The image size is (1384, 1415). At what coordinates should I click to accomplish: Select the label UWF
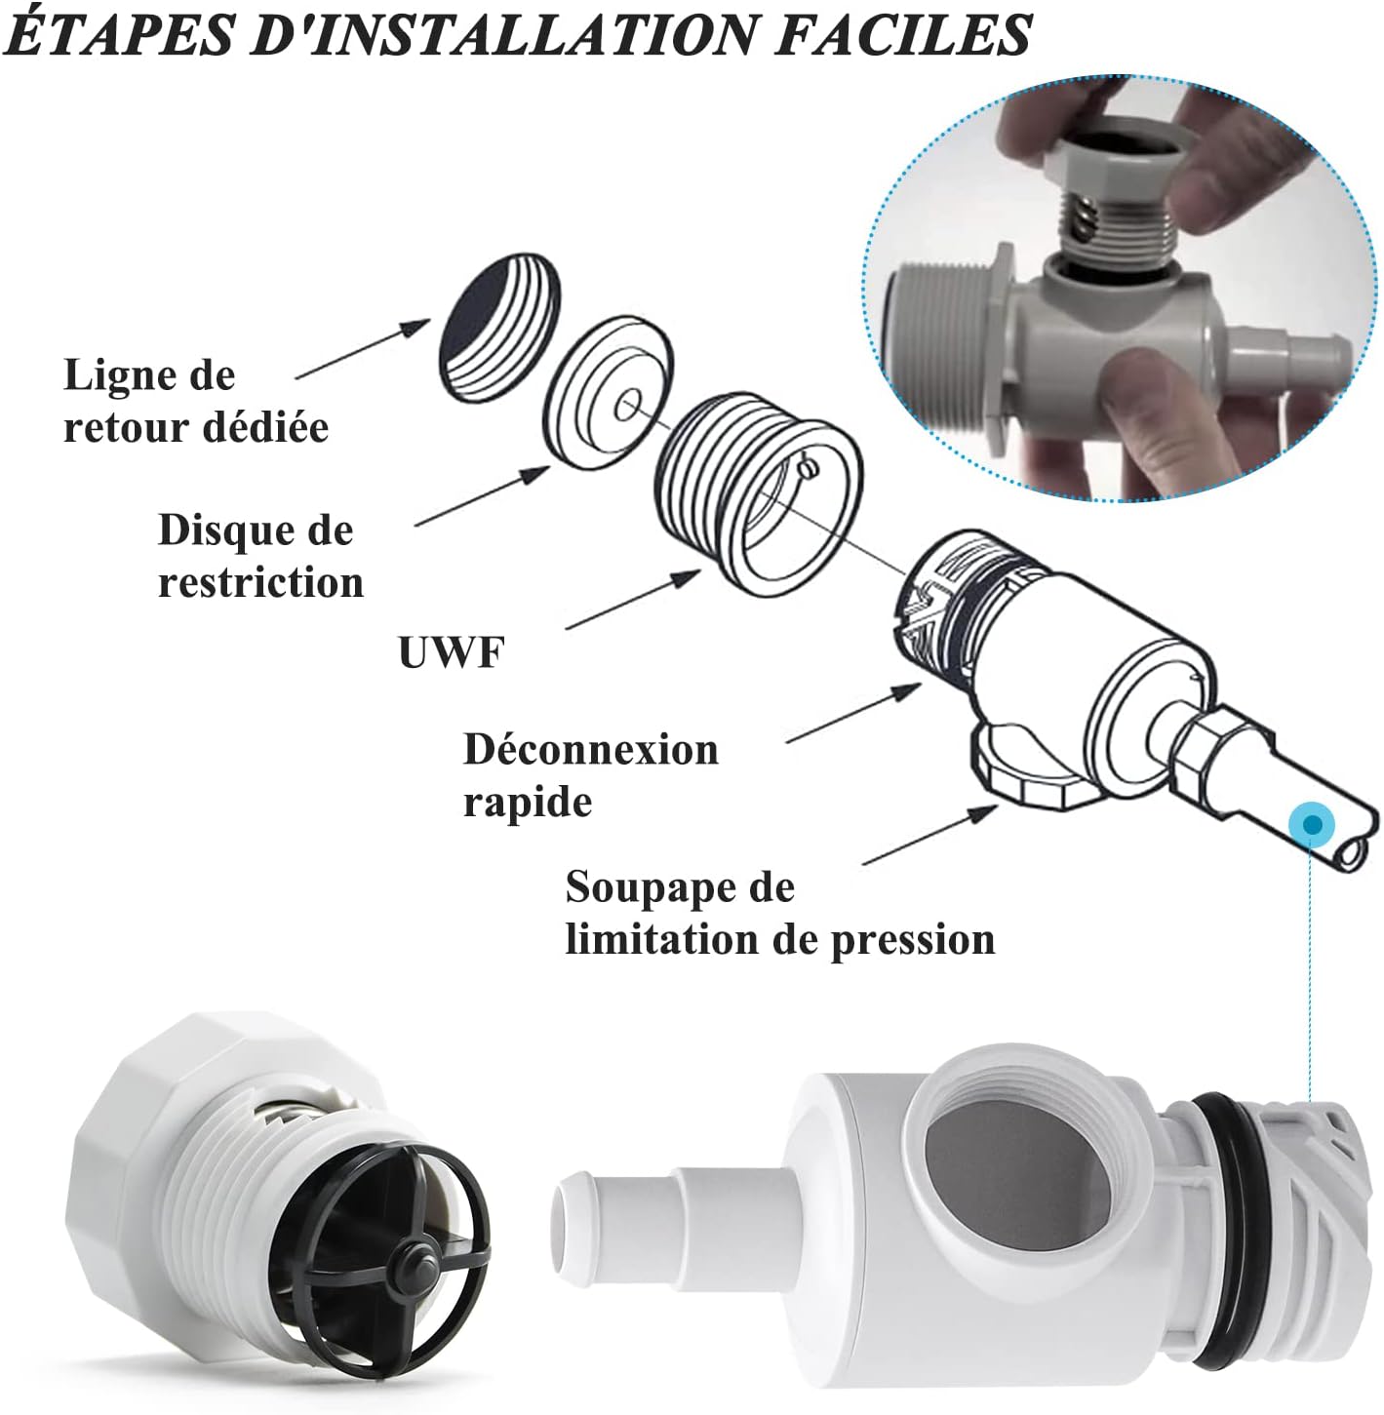tap(451, 651)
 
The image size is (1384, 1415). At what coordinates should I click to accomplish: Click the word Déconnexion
tap(590, 749)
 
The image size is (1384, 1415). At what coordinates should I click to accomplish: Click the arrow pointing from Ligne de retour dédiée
tap(363, 348)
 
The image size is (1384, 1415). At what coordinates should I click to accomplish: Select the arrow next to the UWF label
tap(633, 599)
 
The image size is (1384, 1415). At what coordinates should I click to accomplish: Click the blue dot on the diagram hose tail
tap(1312, 825)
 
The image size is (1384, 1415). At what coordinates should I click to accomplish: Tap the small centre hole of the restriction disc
tap(627, 406)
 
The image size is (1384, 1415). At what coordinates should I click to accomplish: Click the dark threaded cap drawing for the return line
tap(499, 327)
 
